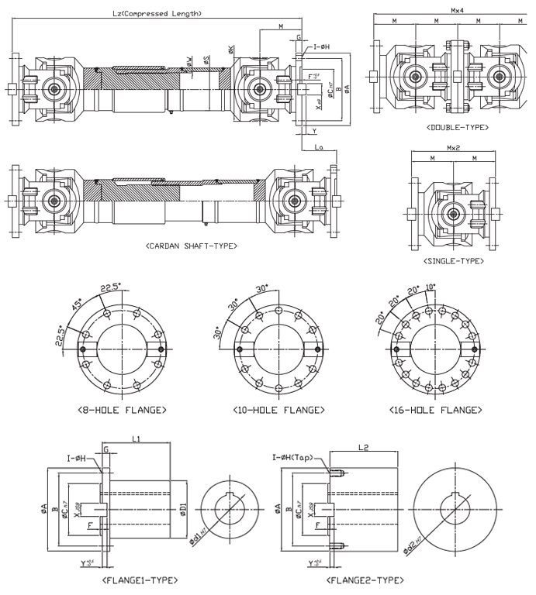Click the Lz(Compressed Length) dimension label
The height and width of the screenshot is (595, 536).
tap(157, 13)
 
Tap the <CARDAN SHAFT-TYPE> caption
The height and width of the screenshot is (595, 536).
tap(191, 245)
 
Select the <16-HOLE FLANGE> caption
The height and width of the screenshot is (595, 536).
tap(437, 409)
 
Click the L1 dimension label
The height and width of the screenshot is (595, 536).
tap(135, 439)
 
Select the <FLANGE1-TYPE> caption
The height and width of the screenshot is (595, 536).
tap(140, 579)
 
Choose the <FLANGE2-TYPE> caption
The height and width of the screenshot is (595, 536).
tap(365, 579)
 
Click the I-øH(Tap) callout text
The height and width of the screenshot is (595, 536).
tap(292, 458)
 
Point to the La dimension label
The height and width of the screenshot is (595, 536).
tap(319, 146)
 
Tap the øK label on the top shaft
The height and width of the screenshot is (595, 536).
tap(232, 50)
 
